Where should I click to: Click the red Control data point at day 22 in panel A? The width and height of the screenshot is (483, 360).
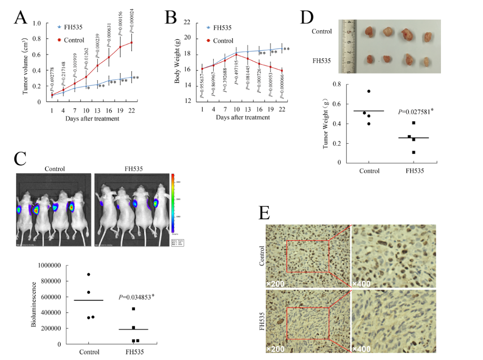click(131, 42)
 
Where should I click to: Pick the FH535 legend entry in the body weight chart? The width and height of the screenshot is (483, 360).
click(219, 28)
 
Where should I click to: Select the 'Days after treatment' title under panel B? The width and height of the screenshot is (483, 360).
click(243, 118)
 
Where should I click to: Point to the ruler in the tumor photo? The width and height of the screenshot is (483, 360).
click(349, 46)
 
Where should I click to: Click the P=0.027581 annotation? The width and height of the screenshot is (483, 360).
click(416, 112)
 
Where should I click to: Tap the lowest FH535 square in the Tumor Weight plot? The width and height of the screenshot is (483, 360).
click(413, 152)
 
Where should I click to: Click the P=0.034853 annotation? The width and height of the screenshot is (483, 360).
click(136, 297)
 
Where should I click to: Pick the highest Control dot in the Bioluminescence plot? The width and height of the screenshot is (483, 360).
click(89, 275)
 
